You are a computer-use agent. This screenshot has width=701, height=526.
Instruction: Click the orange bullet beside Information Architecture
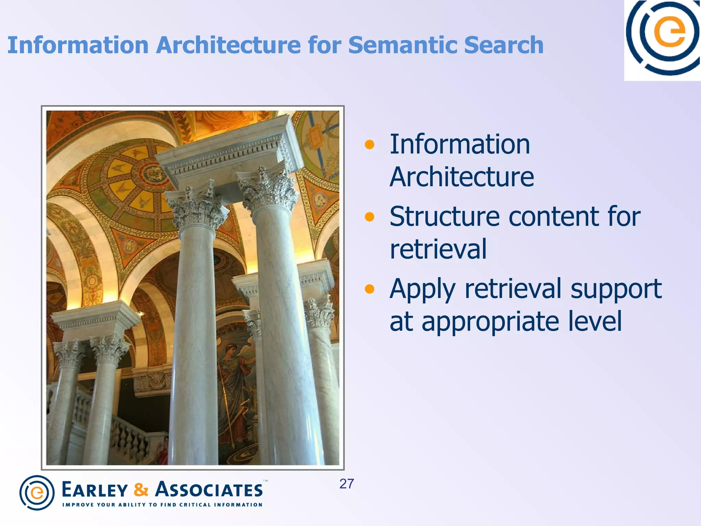pyautogui.click(x=369, y=145)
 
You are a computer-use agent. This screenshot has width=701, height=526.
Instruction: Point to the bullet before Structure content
pyautogui.click(x=369, y=217)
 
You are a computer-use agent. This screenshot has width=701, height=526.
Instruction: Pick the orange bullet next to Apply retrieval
pyautogui.click(x=369, y=289)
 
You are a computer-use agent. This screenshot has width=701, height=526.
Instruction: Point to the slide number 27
pyautogui.click(x=346, y=484)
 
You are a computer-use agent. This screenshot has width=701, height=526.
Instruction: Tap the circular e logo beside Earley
pyautogui.click(x=37, y=492)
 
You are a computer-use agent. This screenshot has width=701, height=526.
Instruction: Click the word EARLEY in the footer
pyautogui.click(x=95, y=490)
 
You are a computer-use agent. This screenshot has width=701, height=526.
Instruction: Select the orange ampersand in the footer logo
pyautogui.click(x=141, y=490)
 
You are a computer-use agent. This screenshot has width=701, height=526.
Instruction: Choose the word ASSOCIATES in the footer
pyautogui.click(x=209, y=490)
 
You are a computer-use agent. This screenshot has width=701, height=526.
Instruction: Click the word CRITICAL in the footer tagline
pyautogui.click(x=195, y=505)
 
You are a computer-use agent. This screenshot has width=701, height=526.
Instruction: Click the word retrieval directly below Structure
pyautogui.click(x=438, y=250)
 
